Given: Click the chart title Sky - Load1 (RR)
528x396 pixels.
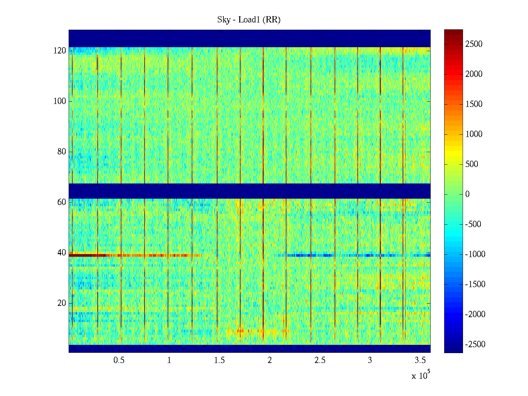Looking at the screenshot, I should point(249,20).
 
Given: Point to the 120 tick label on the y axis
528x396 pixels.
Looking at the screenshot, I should point(60,51).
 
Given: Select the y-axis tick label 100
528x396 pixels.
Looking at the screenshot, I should point(60,101).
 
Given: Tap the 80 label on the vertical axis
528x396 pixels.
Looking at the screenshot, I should point(62,152).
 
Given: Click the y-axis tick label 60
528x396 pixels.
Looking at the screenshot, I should point(62,202).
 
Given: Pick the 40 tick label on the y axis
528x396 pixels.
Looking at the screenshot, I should point(62,253).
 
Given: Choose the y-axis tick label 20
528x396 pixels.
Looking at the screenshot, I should point(62,303).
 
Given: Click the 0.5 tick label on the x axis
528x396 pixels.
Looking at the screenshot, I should point(119,360).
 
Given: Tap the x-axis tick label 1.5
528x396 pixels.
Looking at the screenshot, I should point(219,360).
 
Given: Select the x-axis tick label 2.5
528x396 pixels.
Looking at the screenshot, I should point(319,360).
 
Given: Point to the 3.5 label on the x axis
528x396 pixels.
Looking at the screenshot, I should point(420,360).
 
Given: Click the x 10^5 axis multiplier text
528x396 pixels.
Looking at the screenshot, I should point(421,375).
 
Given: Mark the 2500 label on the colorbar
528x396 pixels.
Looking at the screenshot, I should point(474,44).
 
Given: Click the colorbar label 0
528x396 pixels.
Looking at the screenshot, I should point(467,194).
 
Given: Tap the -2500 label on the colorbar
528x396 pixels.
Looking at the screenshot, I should point(475,345).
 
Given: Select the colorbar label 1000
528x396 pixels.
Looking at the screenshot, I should point(474,134).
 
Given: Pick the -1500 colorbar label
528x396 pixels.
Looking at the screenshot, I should point(475,284).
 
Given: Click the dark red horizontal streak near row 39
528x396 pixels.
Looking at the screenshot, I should point(82,255).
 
